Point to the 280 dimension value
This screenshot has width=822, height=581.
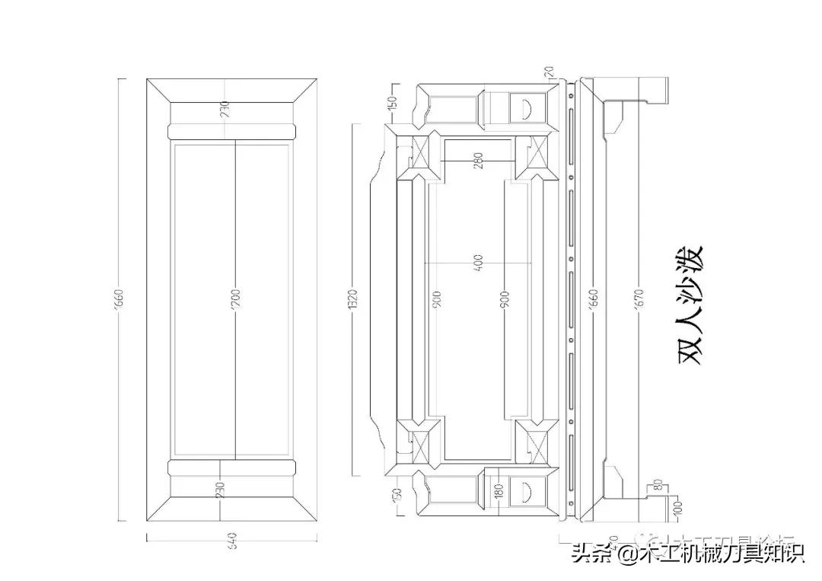[x=478, y=161]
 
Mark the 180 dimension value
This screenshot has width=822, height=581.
[x=498, y=490]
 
